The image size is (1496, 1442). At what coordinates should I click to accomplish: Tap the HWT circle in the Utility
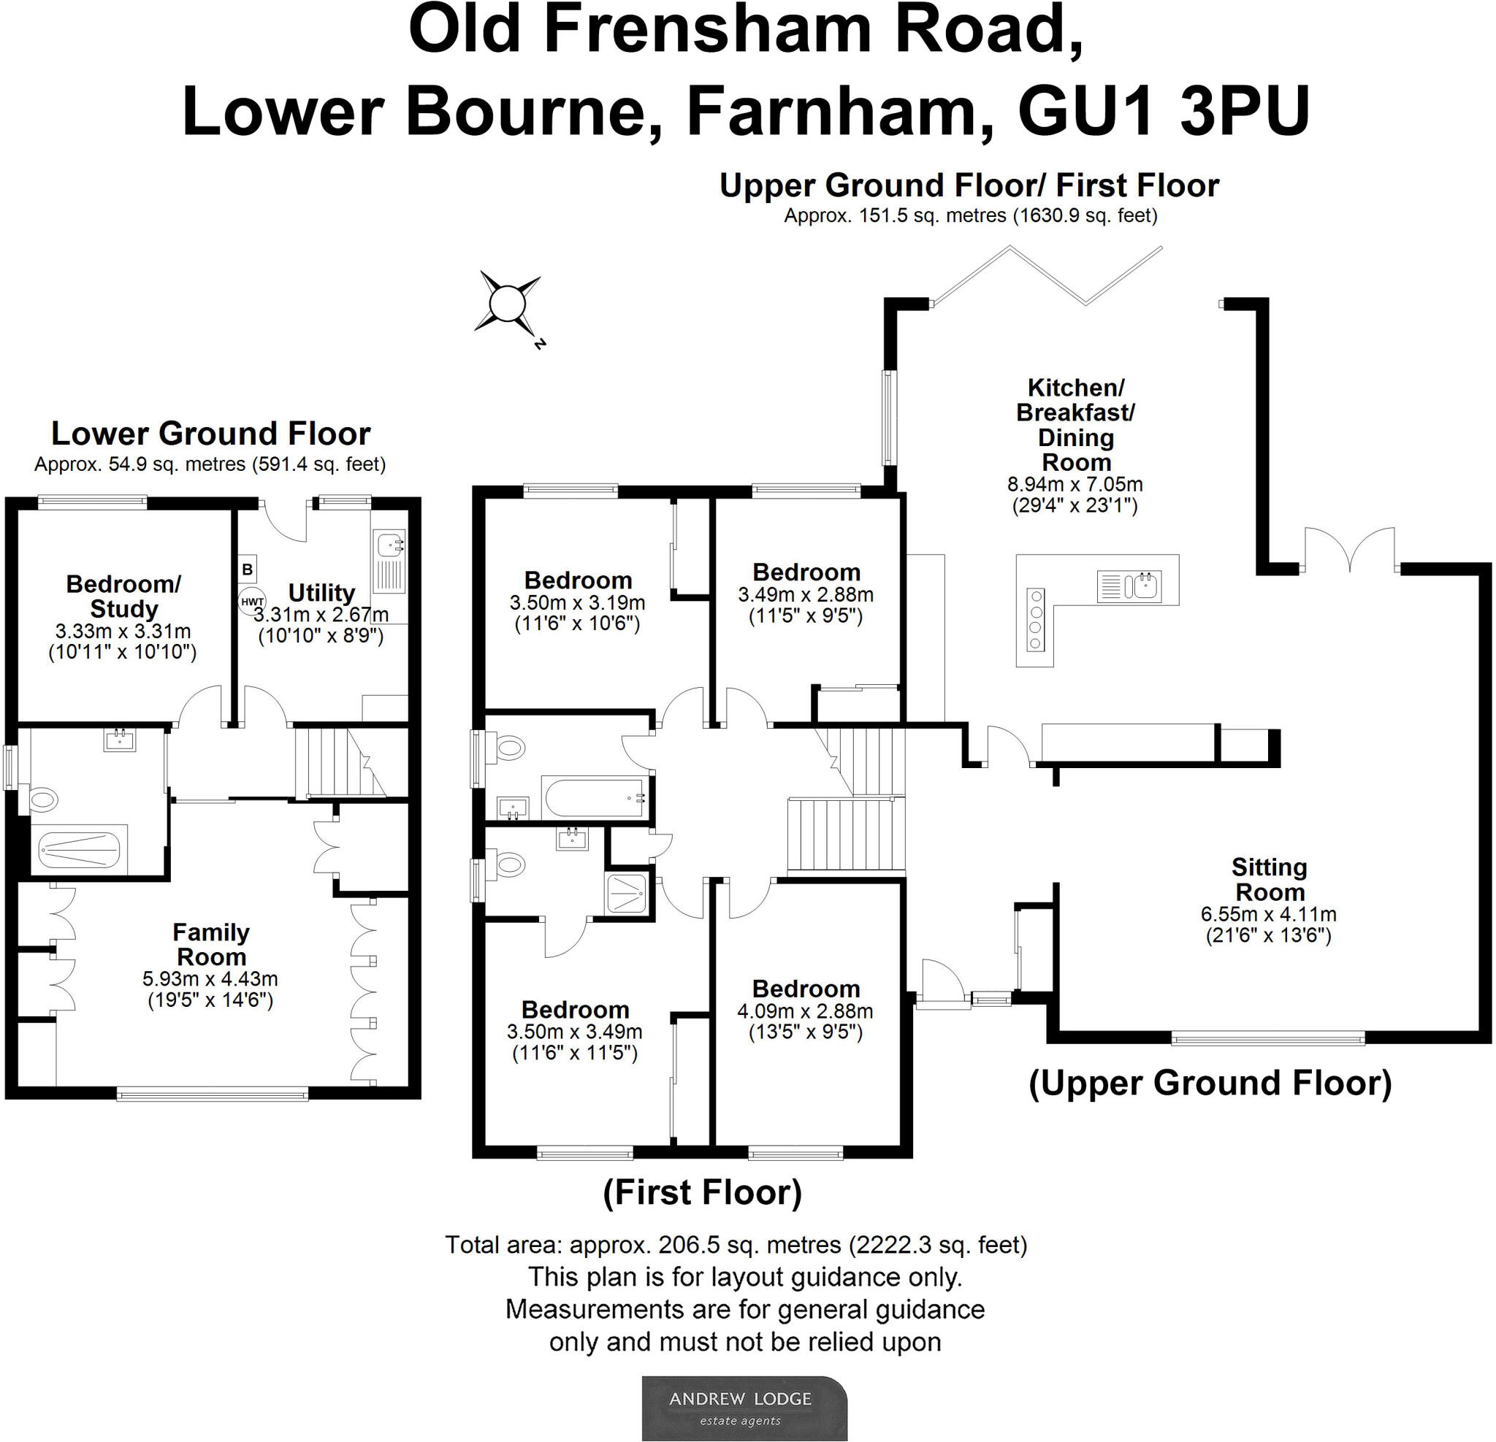[252, 601]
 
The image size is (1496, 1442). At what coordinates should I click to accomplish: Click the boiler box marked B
[248, 569]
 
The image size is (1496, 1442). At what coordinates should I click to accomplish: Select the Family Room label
[210, 945]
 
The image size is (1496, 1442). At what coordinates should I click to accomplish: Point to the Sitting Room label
[1270, 880]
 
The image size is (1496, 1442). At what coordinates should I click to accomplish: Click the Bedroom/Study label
[123, 596]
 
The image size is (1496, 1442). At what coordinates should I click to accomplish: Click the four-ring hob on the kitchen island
[1035, 618]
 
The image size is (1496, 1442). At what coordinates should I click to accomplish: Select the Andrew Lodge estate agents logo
[744, 1408]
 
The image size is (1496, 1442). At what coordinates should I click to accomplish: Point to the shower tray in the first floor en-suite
[627, 894]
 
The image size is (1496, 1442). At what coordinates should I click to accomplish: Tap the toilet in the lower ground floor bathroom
[44, 800]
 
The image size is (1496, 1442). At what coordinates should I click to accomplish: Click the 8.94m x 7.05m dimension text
[1075, 485]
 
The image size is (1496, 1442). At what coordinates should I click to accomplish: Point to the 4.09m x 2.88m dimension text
[805, 1012]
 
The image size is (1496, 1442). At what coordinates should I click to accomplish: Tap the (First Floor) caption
[702, 1192]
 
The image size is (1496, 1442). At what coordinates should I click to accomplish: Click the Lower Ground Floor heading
[210, 434]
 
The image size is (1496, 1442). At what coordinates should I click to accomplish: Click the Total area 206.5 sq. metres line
[736, 1245]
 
